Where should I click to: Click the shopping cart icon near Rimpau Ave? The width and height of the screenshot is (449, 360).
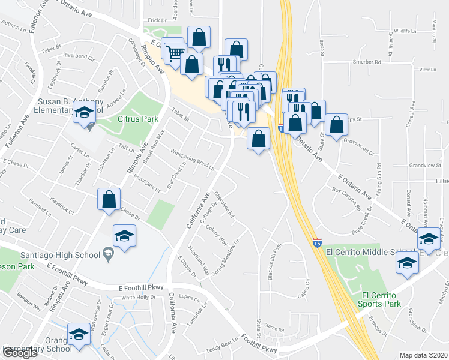pos(174,52)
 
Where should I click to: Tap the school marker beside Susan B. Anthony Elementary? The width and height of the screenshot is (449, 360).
pos(84,111)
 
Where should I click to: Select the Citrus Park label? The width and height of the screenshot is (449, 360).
pos(137,119)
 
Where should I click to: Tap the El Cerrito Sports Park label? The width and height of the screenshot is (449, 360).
pos(381,299)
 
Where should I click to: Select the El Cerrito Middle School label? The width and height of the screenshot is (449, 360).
pos(360,252)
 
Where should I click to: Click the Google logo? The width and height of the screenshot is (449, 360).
pos(19,353)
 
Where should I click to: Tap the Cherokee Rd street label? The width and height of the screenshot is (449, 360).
pos(223,205)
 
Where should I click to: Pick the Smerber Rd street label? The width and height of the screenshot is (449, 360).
pos(367,62)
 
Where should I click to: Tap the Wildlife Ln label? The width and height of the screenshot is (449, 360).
pos(405,31)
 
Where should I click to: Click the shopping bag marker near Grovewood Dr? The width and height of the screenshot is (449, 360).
pos(337,125)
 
